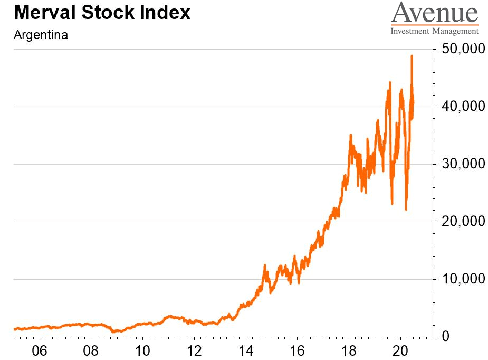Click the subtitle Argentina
pyautogui.click(x=41, y=36)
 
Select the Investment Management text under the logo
pyautogui.click(x=434, y=31)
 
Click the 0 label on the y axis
pyautogui.click(x=445, y=336)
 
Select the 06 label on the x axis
pyautogui.click(x=40, y=349)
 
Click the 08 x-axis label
pyautogui.click(x=91, y=349)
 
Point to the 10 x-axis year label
pyautogui.click(x=142, y=349)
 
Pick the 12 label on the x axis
pyautogui.click(x=194, y=349)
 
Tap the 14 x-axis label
pyautogui.click(x=246, y=349)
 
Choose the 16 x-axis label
pyautogui.click(x=298, y=349)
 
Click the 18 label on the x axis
pyautogui.click(x=349, y=349)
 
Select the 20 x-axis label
pyautogui.click(x=401, y=349)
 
